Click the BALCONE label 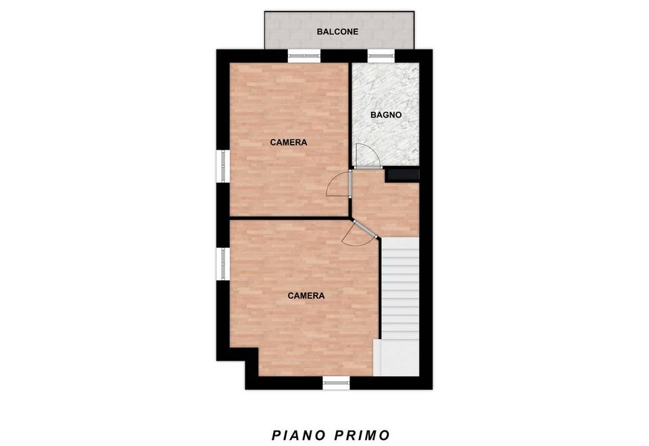click(x=337, y=32)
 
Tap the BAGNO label click(x=386, y=115)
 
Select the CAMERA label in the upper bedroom click(x=289, y=143)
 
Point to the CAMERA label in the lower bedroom click(x=306, y=296)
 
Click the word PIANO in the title click(x=298, y=436)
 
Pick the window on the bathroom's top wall click(x=381, y=56)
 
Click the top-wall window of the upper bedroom click(x=304, y=56)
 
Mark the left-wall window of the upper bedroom click(x=223, y=166)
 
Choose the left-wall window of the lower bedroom click(x=223, y=264)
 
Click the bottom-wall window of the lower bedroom click(x=336, y=383)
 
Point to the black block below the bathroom click(x=402, y=175)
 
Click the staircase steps click(x=400, y=288)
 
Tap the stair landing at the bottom click(x=396, y=358)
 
